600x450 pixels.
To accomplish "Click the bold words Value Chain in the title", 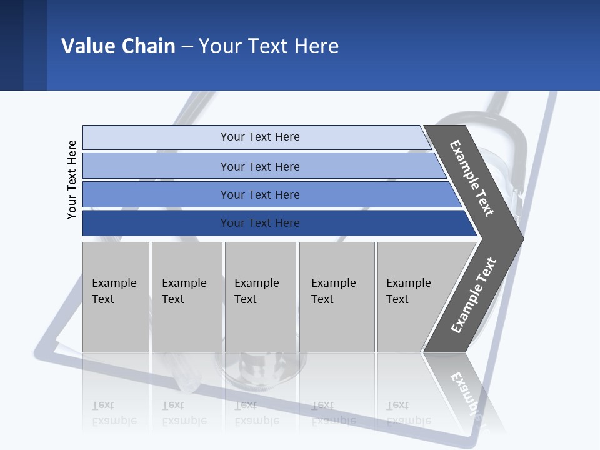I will (x=118, y=46).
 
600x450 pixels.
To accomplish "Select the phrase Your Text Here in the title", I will (x=269, y=46).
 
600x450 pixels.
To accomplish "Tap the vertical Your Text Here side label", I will (x=72, y=179).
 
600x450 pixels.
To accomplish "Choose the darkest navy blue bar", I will (x=156, y=223).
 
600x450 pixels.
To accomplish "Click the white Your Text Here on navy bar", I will (x=260, y=223).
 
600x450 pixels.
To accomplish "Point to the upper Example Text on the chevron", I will (x=472, y=178).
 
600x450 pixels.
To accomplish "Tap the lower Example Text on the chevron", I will (x=474, y=296).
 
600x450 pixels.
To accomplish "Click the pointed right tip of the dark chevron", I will (x=521, y=239).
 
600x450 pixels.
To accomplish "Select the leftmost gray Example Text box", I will (x=116, y=297).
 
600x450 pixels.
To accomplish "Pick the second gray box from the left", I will (x=186, y=297).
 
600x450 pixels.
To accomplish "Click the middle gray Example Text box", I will (x=260, y=297).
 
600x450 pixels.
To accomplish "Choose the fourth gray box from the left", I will (x=337, y=297).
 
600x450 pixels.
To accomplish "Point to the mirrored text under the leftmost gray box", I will (x=114, y=413).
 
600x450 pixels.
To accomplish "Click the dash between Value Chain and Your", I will (x=187, y=46).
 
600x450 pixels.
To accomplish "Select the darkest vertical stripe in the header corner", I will (x=11, y=45).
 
